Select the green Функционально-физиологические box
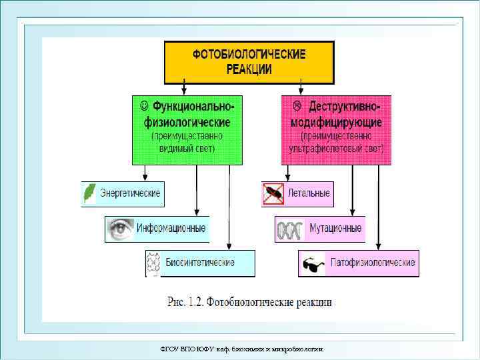(187, 129)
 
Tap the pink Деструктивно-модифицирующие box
(336, 129)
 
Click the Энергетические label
(130, 193)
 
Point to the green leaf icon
(89, 194)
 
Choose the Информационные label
(171, 229)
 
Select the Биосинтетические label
(209, 263)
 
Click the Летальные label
(309, 193)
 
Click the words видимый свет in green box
(187, 148)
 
